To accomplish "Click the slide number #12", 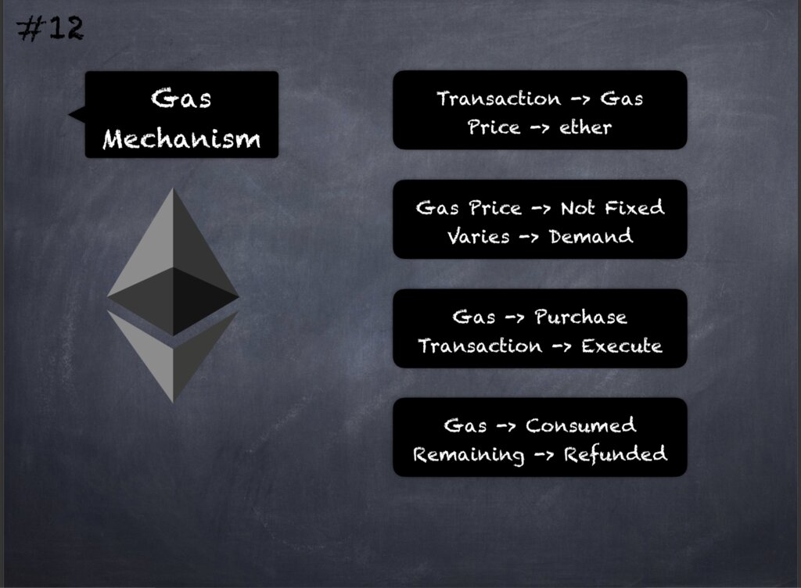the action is pyautogui.click(x=50, y=29).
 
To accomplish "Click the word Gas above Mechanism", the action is pyautogui.click(x=181, y=98).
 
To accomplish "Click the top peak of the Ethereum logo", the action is pyautogui.click(x=173, y=189).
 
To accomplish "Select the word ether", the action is pyautogui.click(x=585, y=127).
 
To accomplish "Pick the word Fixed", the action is pyautogui.click(x=634, y=207).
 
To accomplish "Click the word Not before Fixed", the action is pyautogui.click(x=578, y=208).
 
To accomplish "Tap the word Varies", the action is pyautogui.click(x=478, y=236).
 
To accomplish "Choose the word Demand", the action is pyautogui.click(x=591, y=236).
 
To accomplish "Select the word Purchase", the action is pyautogui.click(x=581, y=317).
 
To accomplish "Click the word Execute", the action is pyautogui.click(x=622, y=346).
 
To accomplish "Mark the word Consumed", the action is pyautogui.click(x=581, y=425).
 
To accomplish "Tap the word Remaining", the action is pyautogui.click(x=469, y=455).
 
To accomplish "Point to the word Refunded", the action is pyautogui.click(x=615, y=454).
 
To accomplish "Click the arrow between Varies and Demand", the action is pyautogui.click(x=530, y=238).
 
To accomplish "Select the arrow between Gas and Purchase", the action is pyautogui.click(x=515, y=318).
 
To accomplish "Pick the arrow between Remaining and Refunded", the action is pyautogui.click(x=544, y=455).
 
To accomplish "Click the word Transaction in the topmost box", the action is pyautogui.click(x=498, y=99).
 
